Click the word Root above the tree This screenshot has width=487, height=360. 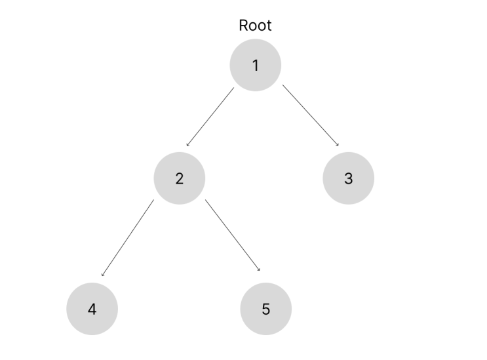pos(255,26)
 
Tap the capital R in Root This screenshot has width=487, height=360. pos(243,26)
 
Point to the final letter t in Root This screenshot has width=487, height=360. pos(269,26)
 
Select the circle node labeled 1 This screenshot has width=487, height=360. pos(256,65)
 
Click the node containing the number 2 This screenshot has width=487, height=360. pos(180,178)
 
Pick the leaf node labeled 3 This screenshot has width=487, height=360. pos(349,178)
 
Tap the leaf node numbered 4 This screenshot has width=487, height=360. pos(92,309)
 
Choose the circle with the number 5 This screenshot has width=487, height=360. pos(266,309)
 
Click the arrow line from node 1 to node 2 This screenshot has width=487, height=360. pos(210,117)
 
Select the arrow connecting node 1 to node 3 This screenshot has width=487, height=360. pos(311,115)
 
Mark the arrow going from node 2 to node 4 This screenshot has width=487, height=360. pos(128,237)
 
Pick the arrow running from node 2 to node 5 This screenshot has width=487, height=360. pos(233,235)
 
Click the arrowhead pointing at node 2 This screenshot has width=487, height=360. pos(187,144)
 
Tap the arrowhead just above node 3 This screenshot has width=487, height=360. pos(338,144)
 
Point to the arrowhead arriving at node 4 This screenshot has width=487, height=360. pos(102,275)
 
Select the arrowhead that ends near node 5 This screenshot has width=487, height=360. pos(259,270)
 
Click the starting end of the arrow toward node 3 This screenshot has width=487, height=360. pos(282,85)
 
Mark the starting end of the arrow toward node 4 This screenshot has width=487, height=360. pos(154,200)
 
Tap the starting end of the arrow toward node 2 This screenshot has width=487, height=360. pos(234,88)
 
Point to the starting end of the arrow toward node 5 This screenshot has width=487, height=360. pos(205,200)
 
